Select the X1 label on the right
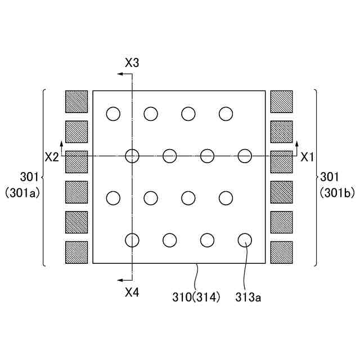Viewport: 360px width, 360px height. (307, 157)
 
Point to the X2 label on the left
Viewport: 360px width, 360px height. (52, 157)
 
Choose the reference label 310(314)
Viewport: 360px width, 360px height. (196, 296)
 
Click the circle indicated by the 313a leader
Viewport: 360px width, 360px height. (245, 240)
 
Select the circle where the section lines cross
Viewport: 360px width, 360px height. (132, 156)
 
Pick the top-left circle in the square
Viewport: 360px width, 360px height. (113, 114)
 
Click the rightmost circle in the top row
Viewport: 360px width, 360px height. (226, 114)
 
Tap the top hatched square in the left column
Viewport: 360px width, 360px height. (76, 102)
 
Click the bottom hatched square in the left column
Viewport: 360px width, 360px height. (76, 253)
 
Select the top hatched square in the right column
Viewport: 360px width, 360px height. (282, 102)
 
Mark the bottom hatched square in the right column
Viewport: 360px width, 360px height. (282, 253)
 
